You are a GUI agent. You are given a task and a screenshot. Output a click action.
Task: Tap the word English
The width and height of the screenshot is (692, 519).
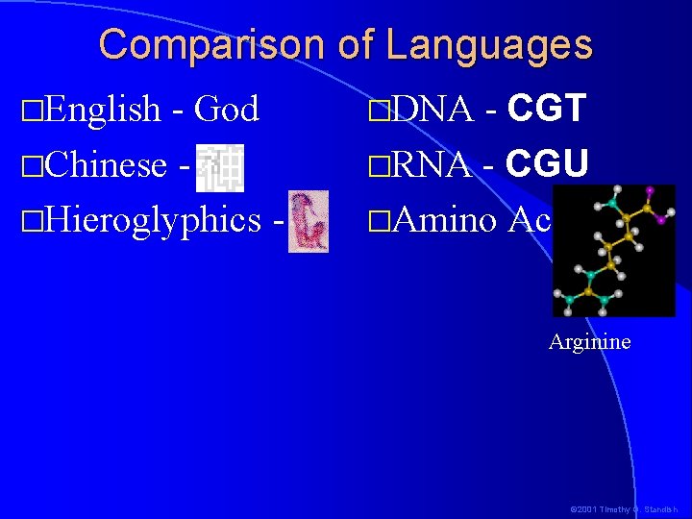point(102,111)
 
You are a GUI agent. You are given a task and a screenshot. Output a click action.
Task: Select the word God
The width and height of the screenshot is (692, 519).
point(227,110)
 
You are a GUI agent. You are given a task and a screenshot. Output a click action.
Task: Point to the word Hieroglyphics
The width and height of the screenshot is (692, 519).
point(152,220)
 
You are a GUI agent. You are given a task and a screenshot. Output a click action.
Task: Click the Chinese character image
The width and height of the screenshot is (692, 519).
point(220,165)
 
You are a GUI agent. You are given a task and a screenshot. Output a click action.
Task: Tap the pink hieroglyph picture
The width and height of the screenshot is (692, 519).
point(309,221)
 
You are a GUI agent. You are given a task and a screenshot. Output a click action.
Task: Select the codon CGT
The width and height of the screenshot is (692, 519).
point(547,111)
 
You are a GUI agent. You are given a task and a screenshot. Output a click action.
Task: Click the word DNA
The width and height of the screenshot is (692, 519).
point(432,111)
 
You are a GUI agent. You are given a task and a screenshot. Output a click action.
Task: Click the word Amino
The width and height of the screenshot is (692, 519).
point(444,220)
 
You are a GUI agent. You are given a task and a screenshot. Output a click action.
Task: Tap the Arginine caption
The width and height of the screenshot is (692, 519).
point(589,341)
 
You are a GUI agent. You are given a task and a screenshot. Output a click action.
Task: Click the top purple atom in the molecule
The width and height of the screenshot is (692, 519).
point(649,190)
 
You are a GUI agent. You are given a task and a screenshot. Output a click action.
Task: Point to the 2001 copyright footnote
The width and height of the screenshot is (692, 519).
point(624,508)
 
